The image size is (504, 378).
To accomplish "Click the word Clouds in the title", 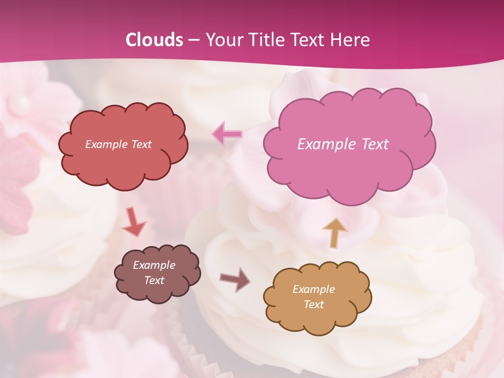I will (x=154, y=40).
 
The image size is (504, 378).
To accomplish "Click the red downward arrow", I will (x=134, y=223).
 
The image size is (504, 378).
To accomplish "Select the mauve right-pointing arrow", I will (x=235, y=279).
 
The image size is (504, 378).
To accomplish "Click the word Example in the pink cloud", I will (x=327, y=144).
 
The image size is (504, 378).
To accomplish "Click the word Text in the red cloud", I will (x=141, y=144).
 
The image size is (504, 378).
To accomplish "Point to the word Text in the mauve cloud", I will (x=154, y=280).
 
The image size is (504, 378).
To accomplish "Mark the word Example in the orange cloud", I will (x=313, y=289).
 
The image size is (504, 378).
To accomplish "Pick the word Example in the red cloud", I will (x=106, y=144).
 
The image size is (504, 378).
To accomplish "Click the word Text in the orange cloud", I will (x=313, y=304).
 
